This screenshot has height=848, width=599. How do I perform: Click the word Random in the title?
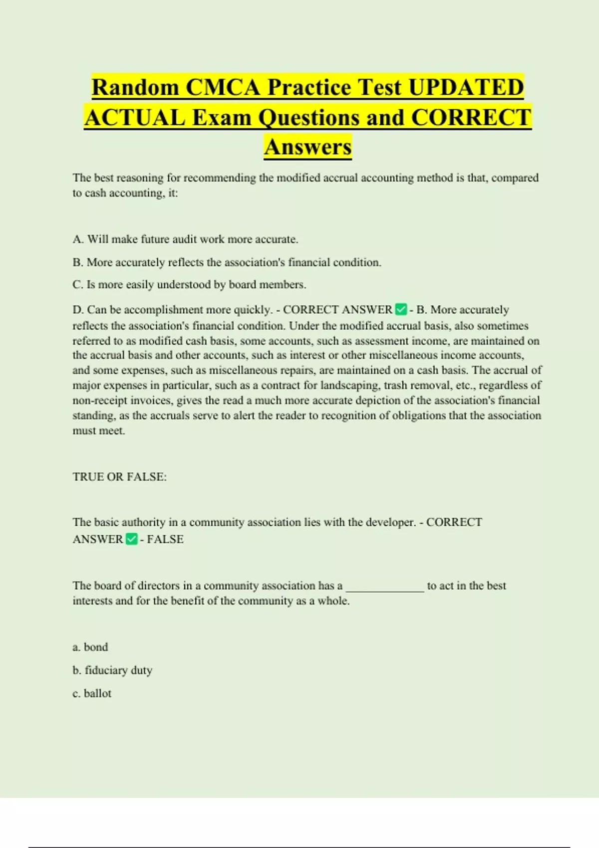(135, 87)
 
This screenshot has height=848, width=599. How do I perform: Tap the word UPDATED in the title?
(466, 87)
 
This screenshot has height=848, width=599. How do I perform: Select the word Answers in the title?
(308, 147)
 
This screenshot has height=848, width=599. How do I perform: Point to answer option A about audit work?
(185, 239)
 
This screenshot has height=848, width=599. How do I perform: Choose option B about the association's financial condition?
(227, 262)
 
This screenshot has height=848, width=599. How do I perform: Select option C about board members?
(189, 285)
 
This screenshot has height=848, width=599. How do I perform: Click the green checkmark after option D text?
(401, 310)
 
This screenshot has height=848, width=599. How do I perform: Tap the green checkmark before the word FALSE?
(132, 539)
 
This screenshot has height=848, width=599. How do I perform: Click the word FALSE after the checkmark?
(165, 539)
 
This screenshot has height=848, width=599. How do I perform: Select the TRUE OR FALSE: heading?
(120, 477)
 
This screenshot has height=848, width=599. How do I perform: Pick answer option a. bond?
(90, 647)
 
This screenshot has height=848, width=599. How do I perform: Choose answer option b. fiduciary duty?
(112, 670)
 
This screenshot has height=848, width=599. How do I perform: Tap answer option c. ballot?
(92, 693)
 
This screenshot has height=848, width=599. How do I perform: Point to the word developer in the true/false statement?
(390, 522)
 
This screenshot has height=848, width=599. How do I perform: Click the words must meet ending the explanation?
(99, 430)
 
